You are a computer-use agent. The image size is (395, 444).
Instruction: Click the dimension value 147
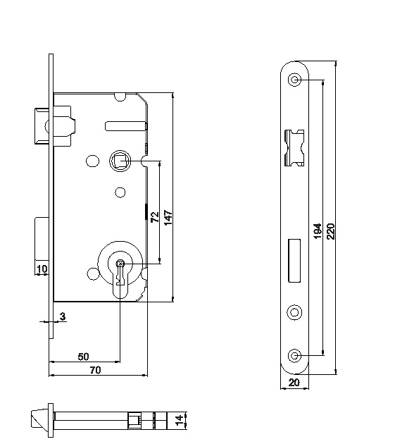pyautogui.click(x=168, y=218)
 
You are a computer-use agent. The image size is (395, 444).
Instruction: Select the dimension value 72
pyautogui.click(x=155, y=217)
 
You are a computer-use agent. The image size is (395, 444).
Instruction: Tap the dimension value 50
pyautogui.click(x=84, y=357)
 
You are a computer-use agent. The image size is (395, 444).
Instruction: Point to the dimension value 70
pyautogui.click(x=95, y=370)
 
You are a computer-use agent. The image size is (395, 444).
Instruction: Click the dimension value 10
pyautogui.click(x=42, y=269)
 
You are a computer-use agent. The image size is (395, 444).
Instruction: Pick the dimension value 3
pyautogui.click(x=63, y=316)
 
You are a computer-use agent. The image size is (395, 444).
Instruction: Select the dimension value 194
pyautogui.click(x=318, y=231)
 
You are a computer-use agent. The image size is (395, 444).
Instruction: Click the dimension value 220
pyautogui.click(x=330, y=231)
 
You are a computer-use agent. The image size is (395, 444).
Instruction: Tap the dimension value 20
pyautogui.click(x=294, y=383)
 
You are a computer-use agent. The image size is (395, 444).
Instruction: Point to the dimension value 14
pyautogui.click(x=179, y=421)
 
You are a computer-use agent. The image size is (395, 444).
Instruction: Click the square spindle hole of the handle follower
pyautogui.click(x=120, y=161)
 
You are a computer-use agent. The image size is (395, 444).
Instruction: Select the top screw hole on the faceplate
pyautogui.click(x=294, y=80)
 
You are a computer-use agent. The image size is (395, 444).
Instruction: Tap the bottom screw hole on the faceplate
pyautogui.click(x=294, y=355)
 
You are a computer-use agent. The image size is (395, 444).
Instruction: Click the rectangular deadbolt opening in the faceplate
pyautogui.click(x=294, y=261)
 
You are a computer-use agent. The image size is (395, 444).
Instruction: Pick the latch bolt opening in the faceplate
pyautogui.click(x=294, y=148)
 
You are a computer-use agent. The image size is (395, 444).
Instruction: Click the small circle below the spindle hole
pyautogui.click(x=120, y=192)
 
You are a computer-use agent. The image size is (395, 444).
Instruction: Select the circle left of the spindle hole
pyautogui.click(x=92, y=161)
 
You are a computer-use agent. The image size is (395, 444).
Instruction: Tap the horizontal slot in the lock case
pyautogui.click(x=126, y=125)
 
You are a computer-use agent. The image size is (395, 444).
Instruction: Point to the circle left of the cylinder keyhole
pyautogui.click(x=92, y=274)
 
